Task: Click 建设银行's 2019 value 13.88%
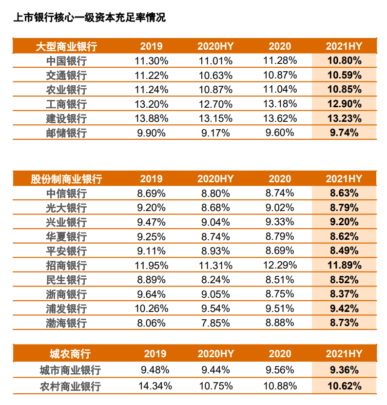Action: (151, 118)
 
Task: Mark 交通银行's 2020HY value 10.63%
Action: (215, 76)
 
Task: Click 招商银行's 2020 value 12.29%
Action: (280, 266)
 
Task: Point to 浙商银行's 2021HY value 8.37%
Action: (344, 294)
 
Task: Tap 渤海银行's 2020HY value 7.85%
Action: (215, 323)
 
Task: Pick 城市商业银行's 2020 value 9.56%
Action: (280, 369)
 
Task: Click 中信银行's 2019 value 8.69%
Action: (151, 193)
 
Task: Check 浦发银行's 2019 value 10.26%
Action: (151, 309)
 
